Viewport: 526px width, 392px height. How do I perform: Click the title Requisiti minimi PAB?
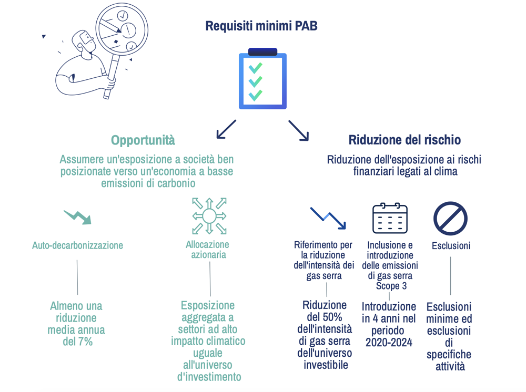pyautogui.click(x=261, y=26)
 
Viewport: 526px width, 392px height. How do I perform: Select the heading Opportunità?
pyautogui.click(x=143, y=140)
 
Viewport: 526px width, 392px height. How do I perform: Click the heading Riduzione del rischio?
pyautogui.click(x=404, y=140)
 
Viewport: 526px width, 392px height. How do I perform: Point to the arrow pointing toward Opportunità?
pyautogui.click(x=226, y=129)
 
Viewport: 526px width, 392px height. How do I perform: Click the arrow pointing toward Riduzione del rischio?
pyautogui.click(x=298, y=130)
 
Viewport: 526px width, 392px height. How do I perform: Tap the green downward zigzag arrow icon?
pyautogui.click(x=78, y=216)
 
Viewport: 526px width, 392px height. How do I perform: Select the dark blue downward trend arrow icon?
pyautogui.click(x=328, y=217)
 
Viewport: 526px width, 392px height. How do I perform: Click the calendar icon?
pyautogui.click(x=390, y=218)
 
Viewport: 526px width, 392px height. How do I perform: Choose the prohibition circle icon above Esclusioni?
pyautogui.click(x=450, y=218)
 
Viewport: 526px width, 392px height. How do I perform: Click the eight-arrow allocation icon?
pyautogui.click(x=209, y=216)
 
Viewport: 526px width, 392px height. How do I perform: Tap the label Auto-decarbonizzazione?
pyautogui.click(x=77, y=245)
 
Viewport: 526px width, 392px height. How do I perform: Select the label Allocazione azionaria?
pyautogui.click(x=209, y=250)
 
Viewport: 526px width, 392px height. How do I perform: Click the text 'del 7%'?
pyautogui.click(x=77, y=342)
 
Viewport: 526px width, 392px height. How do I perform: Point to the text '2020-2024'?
pyautogui.click(x=389, y=343)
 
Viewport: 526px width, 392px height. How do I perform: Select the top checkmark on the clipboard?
pyautogui.click(x=256, y=68)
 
